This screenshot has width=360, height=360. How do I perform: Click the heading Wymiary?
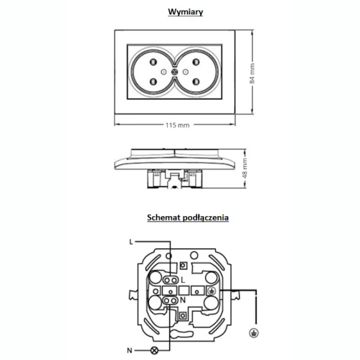[x=186, y=12]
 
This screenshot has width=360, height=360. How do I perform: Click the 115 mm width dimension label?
[x=177, y=125]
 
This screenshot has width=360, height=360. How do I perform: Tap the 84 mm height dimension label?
[x=252, y=73]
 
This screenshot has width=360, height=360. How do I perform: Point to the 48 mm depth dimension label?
[x=245, y=168]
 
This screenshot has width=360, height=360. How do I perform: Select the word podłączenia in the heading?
[x=206, y=218]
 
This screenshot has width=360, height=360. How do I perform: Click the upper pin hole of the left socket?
[x=153, y=62]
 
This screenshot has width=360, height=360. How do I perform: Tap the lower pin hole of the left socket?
[x=153, y=82]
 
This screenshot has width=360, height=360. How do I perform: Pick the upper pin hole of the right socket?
[x=197, y=62]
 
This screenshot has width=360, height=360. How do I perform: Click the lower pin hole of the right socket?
[x=197, y=82]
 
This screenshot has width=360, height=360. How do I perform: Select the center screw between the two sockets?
[x=174, y=72]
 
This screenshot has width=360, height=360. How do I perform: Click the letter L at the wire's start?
[x=131, y=242]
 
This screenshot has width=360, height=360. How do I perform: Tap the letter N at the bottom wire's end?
[x=130, y=351]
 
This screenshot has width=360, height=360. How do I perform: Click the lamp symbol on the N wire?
[x=154, y=351]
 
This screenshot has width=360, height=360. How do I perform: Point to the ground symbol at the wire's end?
[x=253, y=333]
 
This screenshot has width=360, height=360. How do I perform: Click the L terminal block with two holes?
[x=171, y=280]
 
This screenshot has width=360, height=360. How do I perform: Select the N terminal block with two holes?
[x=170, y=300]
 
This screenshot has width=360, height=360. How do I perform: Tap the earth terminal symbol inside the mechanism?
[x=212, y=291]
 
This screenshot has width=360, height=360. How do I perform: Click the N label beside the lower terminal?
[x=183, y=300]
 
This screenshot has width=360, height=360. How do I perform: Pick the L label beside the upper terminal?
[x=183, y=280]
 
